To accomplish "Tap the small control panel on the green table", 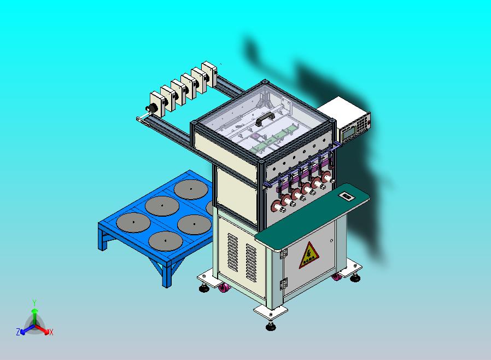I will click(x=346, y=194).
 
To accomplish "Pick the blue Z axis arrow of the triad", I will click(x=22, y=330).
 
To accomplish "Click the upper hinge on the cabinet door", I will click(x=283, y=253).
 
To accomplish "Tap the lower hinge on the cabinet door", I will click(x=283, y=283).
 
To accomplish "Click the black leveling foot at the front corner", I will click(x=270, y=327).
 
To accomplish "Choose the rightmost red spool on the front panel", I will click(x=327, y=177).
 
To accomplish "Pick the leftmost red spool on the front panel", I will click(x=278, y=206).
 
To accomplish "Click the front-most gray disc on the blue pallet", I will click(x=164, y=240).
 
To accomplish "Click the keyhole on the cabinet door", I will click(x=332, y=240).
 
